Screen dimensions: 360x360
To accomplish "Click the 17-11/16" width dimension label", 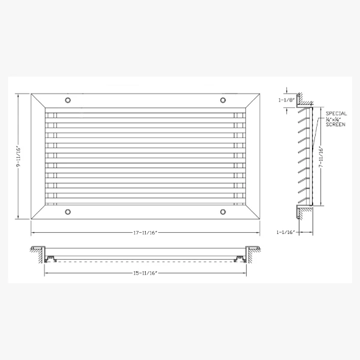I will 146,232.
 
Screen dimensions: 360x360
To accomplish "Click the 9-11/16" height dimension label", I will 19,157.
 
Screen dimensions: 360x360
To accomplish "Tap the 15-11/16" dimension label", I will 146,273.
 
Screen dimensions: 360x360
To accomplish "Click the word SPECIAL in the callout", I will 335,113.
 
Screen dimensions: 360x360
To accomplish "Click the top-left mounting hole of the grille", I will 68,100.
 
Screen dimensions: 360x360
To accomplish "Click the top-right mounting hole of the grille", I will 223,100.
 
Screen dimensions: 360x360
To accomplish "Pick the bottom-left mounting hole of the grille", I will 68,211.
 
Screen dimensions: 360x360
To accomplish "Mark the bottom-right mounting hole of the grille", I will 223,211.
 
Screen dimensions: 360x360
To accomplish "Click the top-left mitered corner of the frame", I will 38,101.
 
